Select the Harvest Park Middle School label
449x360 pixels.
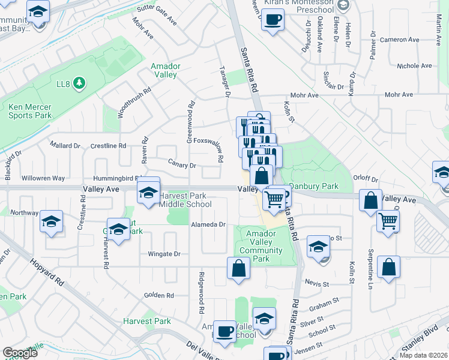[x=185, y=200]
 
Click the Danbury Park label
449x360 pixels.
[x=314, y=187]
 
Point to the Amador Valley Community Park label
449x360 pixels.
[x=262, y=246]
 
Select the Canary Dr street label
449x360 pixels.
[x=184, y=165]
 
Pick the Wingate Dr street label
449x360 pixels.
[x=164, y=254]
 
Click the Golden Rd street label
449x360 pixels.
[x=158, y=295]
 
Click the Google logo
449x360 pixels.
[x=20, y=353]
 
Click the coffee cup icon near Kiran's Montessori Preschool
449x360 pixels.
[x=273, y=19]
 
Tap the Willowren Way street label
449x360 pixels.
[x=43, y=178]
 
